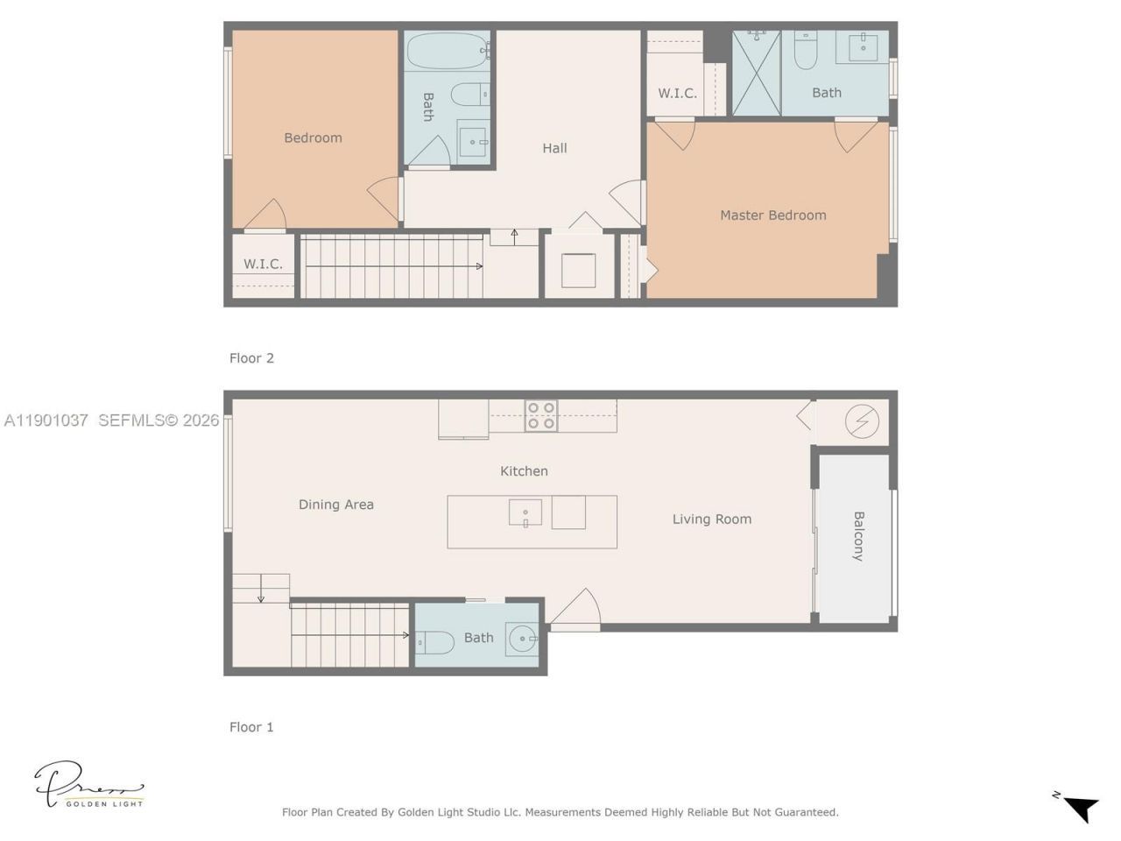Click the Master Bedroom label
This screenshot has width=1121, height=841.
[772, 215]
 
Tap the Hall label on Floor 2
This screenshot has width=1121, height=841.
[554, 148]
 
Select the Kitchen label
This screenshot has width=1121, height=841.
[524, 471]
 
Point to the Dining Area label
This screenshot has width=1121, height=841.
[336, 505]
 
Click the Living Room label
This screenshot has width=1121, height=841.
[711, 519]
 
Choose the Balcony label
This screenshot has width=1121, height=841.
[858, 535]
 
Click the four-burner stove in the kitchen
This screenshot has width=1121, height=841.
[541, 416]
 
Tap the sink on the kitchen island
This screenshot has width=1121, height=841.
[525, 512]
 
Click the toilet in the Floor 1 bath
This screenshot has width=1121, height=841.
[435, 643]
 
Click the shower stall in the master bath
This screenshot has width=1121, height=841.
[756, 73]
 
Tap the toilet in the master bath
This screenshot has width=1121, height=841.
[806, 52]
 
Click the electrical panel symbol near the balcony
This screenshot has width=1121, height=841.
[862, 422]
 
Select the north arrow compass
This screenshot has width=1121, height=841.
[1079, 807]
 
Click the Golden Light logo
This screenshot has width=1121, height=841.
[88, 785]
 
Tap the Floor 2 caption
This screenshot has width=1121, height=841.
[251, 358]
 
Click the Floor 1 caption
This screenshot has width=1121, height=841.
[251, 727]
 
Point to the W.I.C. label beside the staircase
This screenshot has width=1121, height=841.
[263, 264]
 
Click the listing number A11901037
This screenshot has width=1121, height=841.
[46, 420]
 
